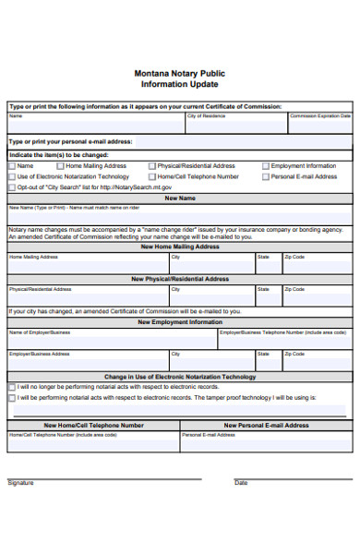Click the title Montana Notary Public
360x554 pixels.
(180, 72)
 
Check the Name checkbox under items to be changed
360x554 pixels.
(12, 166)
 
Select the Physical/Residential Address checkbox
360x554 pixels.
(151, 166)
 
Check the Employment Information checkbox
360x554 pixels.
(265, 166)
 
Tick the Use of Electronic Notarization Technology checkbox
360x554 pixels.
(12, 176)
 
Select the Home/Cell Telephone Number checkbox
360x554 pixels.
(151, 176)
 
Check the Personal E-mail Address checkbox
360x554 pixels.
(265, 176)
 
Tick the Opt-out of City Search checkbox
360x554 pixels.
(12, 187)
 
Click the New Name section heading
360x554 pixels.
(180, 198)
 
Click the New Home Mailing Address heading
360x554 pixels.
(180, 247)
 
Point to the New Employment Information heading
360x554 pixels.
(180, 322)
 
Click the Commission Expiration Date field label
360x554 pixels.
(320, 116)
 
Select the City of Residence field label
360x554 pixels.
(206, 116)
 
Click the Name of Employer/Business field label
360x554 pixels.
(40, 331)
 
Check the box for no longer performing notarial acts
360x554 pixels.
(12, 387)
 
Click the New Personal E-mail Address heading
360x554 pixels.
(267, 426)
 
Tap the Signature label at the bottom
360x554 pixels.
(20, 482)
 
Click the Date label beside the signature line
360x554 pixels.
(241, 482)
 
